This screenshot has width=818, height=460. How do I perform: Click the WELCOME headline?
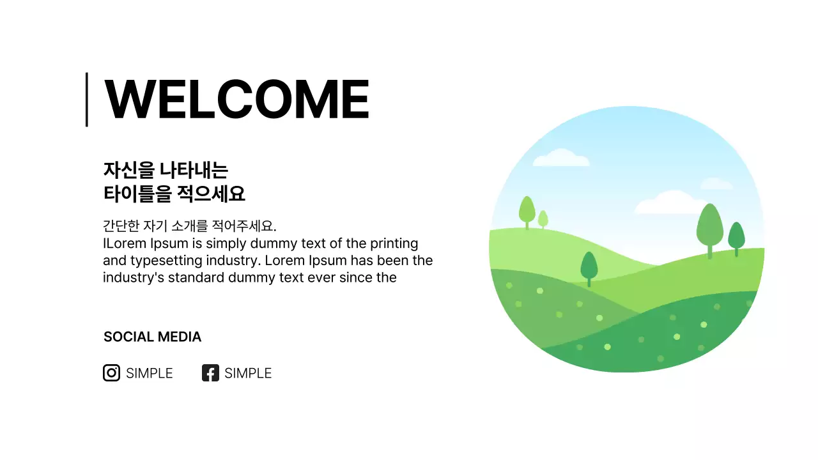(x=236, y=100)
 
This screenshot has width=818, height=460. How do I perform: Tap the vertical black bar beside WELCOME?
(x=86, y=100)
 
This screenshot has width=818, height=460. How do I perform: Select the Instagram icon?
(x=111, y=373)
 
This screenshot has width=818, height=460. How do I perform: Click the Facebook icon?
(x=210, y=373)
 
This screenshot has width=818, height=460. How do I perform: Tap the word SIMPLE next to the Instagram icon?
(x=150, y=373)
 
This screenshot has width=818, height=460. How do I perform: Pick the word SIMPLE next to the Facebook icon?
(x=248, y=373)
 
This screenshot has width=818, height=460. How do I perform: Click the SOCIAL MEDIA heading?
(x=152, y=337)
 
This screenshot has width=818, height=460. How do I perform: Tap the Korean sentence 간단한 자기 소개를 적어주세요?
(x=189, y=226)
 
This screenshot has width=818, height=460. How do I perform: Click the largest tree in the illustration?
(x=709, y=227)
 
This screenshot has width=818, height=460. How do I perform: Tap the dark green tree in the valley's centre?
(x=589, y=266)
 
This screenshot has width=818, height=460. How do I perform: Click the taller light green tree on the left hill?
(x=527, y=210)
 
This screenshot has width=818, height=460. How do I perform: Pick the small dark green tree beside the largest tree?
(x=736, y=236)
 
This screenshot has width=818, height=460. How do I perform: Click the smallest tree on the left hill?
(x=543, y=218)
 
